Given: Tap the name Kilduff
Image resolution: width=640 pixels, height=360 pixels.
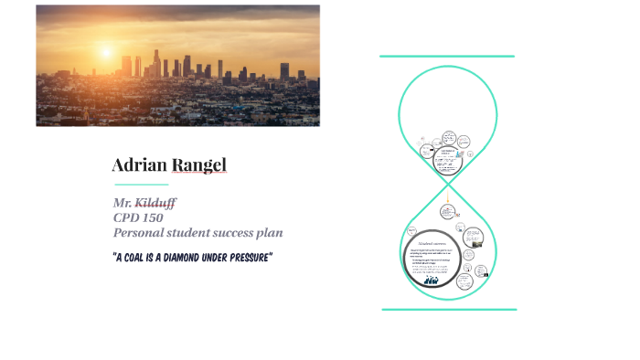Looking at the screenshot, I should pos(156,201).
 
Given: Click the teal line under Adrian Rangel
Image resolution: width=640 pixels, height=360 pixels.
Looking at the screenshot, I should pos(141,184).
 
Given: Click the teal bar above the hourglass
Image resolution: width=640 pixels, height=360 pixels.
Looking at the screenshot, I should pos(447,56).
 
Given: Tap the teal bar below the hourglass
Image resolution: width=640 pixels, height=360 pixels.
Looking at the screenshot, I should pos(448,309).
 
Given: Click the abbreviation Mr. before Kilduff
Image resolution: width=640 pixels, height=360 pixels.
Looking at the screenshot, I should pos(123,201).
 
